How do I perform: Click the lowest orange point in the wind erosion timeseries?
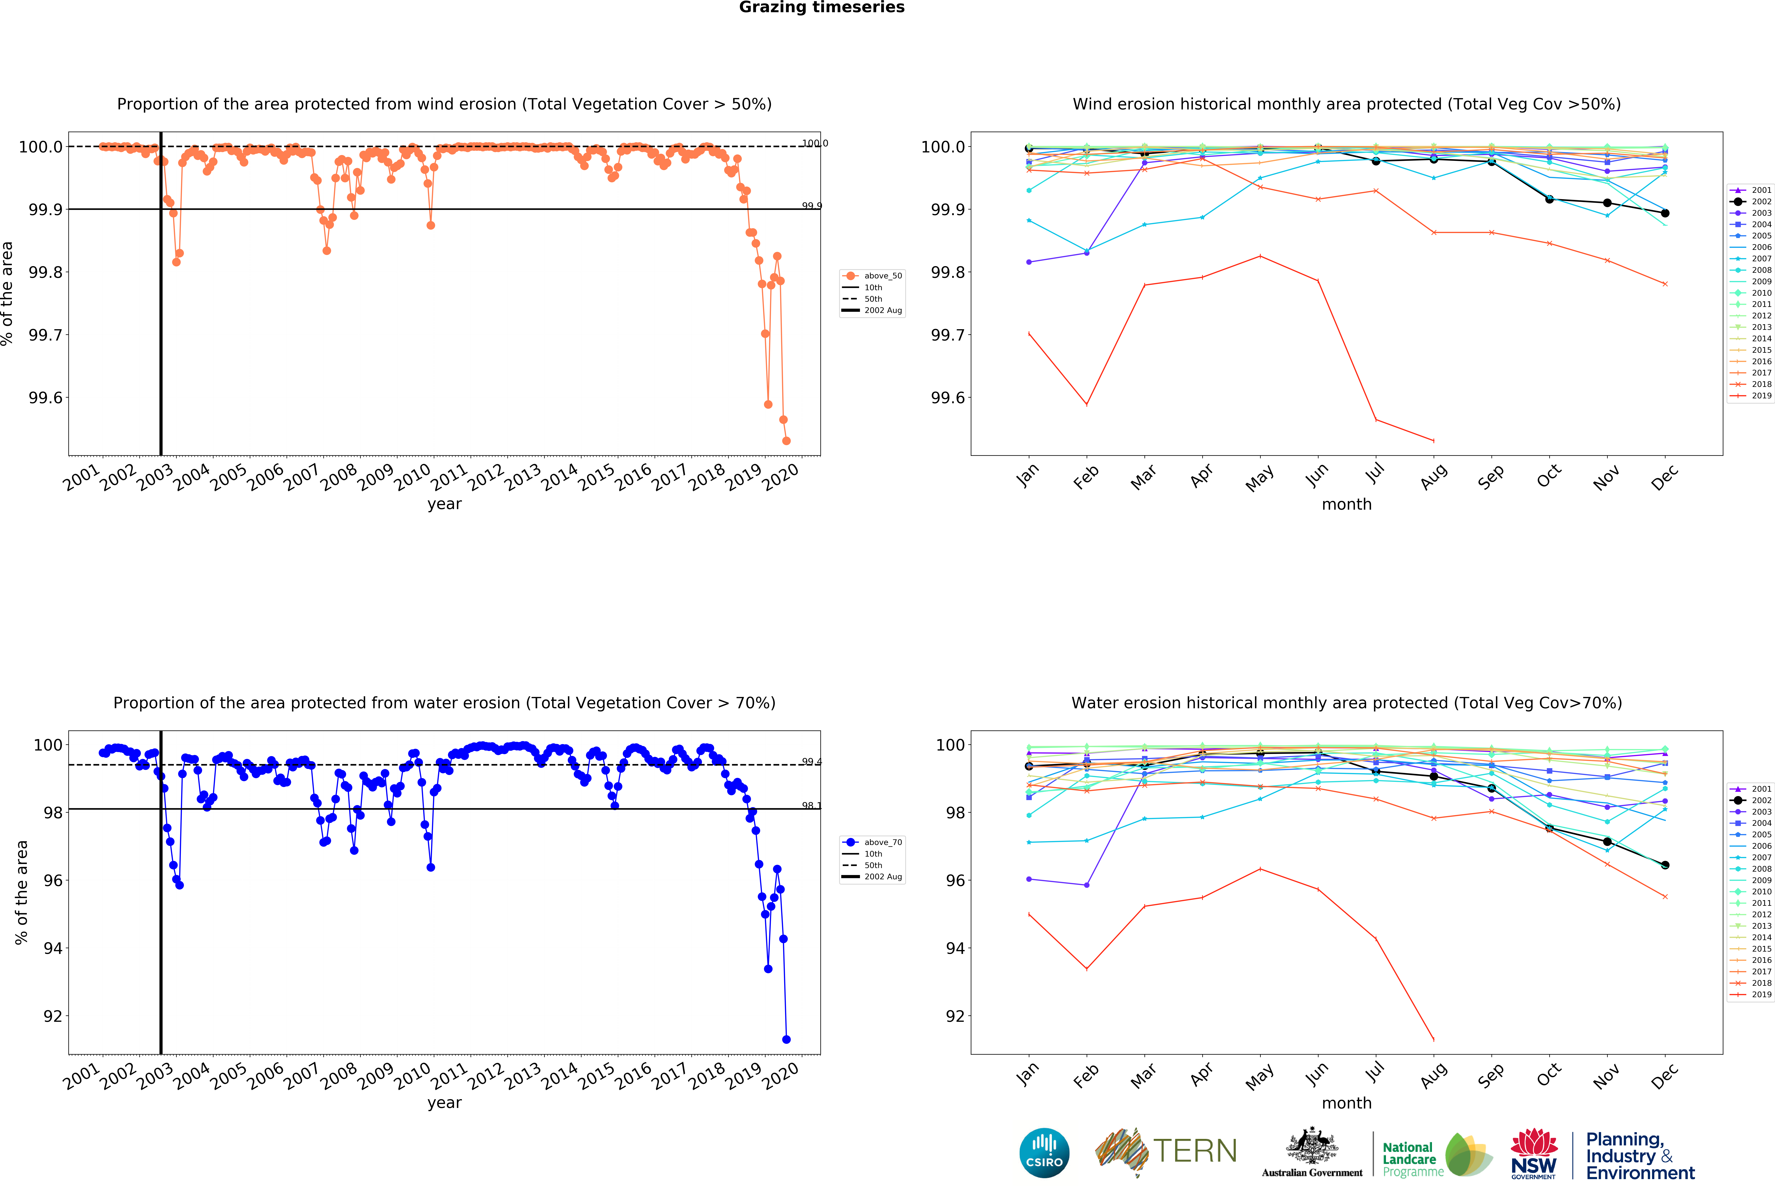[786, 441]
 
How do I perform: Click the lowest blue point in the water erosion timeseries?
[786, 1039]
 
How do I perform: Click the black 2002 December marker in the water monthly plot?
[1665, 865]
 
